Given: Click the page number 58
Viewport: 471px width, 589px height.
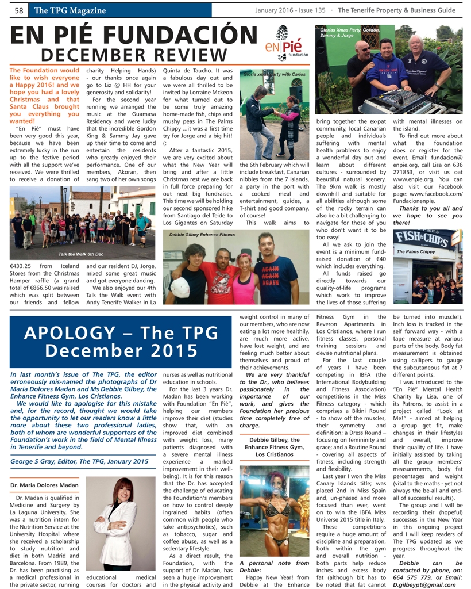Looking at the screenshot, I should click(18, 10).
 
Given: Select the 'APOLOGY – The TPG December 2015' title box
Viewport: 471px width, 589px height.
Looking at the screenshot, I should click(121, 342).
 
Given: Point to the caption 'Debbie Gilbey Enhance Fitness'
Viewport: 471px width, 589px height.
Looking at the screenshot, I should click(202, 235).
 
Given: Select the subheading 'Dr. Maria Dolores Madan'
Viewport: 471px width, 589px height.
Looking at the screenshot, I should click(45, 485).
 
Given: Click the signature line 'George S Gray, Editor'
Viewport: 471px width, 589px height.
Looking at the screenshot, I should click(79, 461).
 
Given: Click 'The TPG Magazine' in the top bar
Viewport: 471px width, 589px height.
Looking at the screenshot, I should click(70, 10).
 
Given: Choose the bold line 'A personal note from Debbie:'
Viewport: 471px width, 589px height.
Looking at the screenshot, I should click(274, 567).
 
